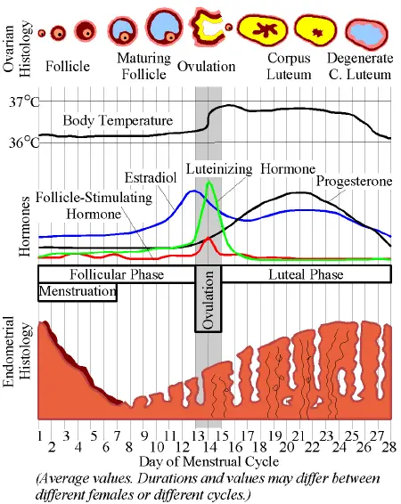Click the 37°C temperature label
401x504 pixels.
coord(19,101)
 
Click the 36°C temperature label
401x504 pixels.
coord(19,141)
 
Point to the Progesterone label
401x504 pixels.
coord(354,182)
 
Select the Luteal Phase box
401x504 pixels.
coord(306,274)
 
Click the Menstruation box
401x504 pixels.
coord(78,291)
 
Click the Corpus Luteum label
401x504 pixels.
coord(288,66)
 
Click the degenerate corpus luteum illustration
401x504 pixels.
coord(364,33)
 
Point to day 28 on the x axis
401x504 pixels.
coord(389,435)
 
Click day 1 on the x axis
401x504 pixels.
coord(41,435)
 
